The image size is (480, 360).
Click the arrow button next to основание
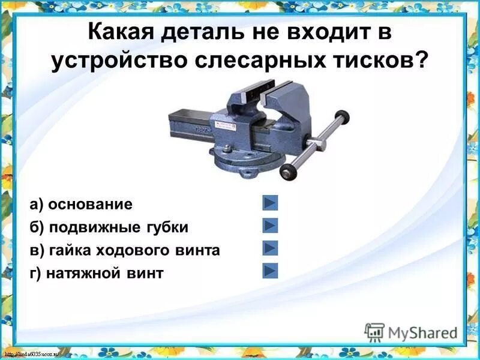coord(270,203)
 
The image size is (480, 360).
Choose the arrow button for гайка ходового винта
coord(270,248)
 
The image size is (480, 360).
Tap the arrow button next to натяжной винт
coord(270,271)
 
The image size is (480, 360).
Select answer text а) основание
coord(81,204)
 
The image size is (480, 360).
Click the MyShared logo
coord(411,332)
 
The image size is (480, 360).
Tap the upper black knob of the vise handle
coord(343,115)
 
